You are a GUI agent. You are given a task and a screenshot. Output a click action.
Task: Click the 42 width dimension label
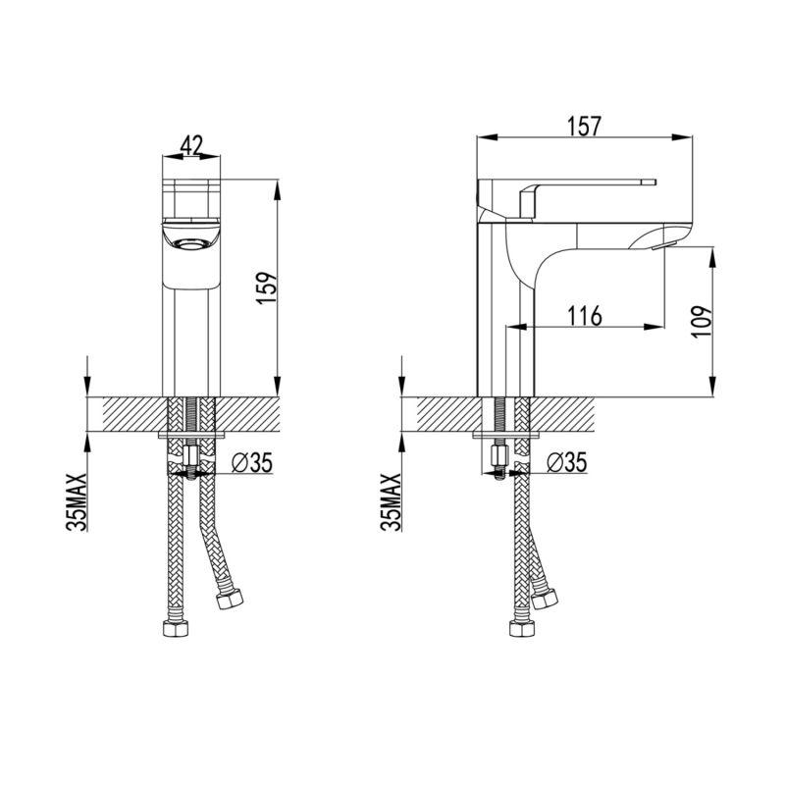click(x=191, y=145)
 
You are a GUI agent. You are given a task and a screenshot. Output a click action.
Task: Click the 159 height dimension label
click(x=266, y=288)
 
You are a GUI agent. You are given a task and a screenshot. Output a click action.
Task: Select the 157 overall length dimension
click(x=584, y=127)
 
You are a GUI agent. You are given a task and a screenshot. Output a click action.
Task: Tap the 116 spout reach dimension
click(x=584, y=316)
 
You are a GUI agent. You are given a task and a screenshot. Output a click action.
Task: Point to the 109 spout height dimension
click(x=702, y=322)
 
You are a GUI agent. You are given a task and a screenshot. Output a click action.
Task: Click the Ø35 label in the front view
click(x=252, y=462)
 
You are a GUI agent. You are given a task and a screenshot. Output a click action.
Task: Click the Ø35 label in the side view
click(x=566, y=462)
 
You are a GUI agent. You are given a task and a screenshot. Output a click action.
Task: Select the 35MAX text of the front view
click(x=77, y=501)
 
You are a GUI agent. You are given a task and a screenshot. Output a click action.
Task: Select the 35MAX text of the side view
click(x=392, y=501)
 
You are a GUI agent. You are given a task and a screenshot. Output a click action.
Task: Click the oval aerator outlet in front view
click(x=190, y=243)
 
